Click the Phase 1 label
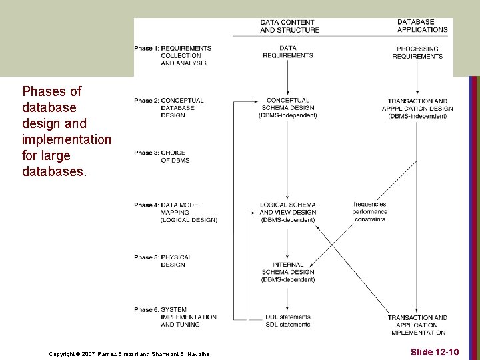tap(173, 55)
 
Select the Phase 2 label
tap(169, 108)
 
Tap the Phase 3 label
tap(162, 157)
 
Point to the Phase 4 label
tap(175, 213)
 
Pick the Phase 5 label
tap(163, 261)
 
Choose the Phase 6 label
tap(175, 317)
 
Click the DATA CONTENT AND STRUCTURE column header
tap(289, 26)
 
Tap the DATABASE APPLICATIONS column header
tap(422, 26)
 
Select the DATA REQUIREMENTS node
tap(287, 52)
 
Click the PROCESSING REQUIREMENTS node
tap(417, 53)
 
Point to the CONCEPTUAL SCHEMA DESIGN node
tap(287, 108)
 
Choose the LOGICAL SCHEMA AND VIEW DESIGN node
tap(287, 212)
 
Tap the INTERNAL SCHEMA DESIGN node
tap(287, 272)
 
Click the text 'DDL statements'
tap(287, 317)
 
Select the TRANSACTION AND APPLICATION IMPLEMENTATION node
tap(417, 325)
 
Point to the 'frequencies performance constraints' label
tap(370, 211)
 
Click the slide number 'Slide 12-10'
tap(435, 351)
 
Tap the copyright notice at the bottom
tap(129, 353)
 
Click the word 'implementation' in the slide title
tap(67, 139)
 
